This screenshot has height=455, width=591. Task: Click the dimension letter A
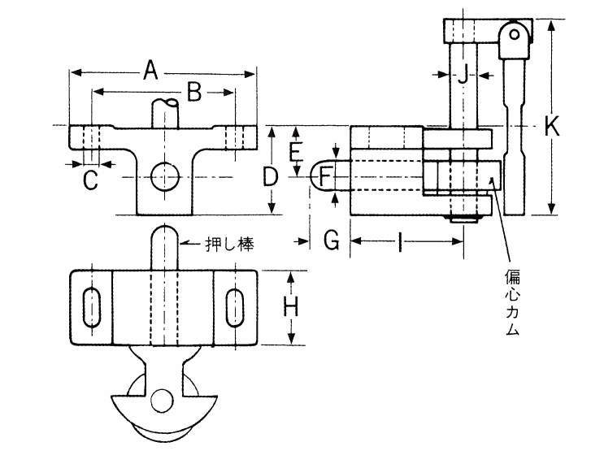(150, 71)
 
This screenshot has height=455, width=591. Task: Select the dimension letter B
(193, 93)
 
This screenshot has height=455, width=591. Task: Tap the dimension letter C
(91, 180)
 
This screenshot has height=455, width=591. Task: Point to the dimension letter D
(272, 175)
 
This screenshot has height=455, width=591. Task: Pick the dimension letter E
(296, 150)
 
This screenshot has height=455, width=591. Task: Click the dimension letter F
(324, 175)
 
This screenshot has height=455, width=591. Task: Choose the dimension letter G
(331, 240)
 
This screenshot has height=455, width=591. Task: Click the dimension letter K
(552, 126)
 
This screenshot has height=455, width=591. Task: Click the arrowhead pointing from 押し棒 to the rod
(182, 242)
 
